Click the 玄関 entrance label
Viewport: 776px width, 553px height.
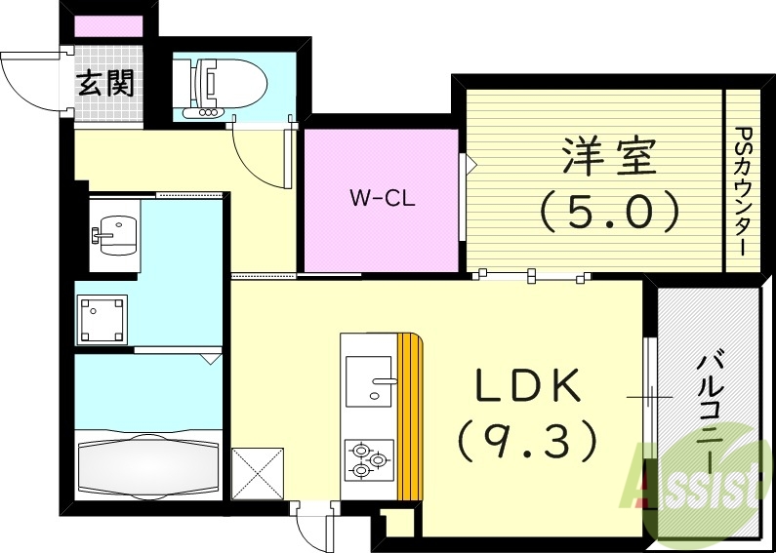click(x=106, y=84)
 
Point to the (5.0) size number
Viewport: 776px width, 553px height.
click(x=610, y=210)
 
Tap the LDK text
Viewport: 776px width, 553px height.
click(x=528, y=387)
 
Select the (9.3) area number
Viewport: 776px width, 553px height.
click(x=528, y=441)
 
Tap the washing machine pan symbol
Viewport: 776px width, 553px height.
click(x=103, y=315)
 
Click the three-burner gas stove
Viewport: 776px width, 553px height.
click(x=367, y=459)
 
